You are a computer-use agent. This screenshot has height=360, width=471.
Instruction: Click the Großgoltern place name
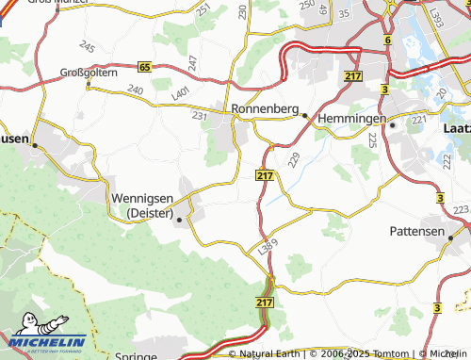88,72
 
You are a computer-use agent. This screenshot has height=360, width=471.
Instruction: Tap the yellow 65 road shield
144,67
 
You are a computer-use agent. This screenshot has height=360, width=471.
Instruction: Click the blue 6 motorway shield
387,41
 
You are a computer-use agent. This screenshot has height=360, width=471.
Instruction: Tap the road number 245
88,46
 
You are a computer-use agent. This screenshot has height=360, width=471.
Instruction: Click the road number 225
372,139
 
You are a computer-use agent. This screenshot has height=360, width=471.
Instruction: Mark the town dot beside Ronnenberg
304,115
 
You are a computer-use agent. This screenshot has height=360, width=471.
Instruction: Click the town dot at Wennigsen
179,219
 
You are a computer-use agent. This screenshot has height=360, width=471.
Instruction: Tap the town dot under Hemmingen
392,124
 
